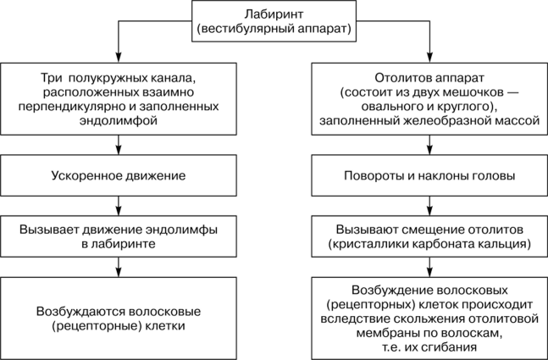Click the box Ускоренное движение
tap(118, 176)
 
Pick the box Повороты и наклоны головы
tap(427, 176)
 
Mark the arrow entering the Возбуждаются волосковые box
tap(118, 269)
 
